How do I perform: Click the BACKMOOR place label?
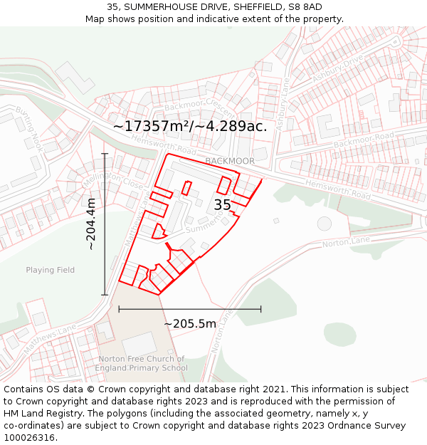[x=229, y=162]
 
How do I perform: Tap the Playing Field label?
[x=50, y=270]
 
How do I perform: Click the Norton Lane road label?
[x=346, y=243]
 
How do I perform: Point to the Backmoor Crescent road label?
[x=199, y=108]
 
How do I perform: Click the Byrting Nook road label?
[x=29, y=128]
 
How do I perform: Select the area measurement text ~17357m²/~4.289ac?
[x=190, y=126]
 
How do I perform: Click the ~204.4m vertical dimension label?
[x=91, y=224]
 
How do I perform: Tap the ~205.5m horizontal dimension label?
[x=190, y=324]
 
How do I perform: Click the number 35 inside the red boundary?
[x=222, y=205]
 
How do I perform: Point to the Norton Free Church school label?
[x=142, y=363]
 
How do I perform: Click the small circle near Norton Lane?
[x=325, y=224]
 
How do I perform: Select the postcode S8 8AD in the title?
[x=305, y=7]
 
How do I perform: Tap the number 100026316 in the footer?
[x=30, y=438]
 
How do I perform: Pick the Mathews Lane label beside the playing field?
[x=49, y=340]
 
